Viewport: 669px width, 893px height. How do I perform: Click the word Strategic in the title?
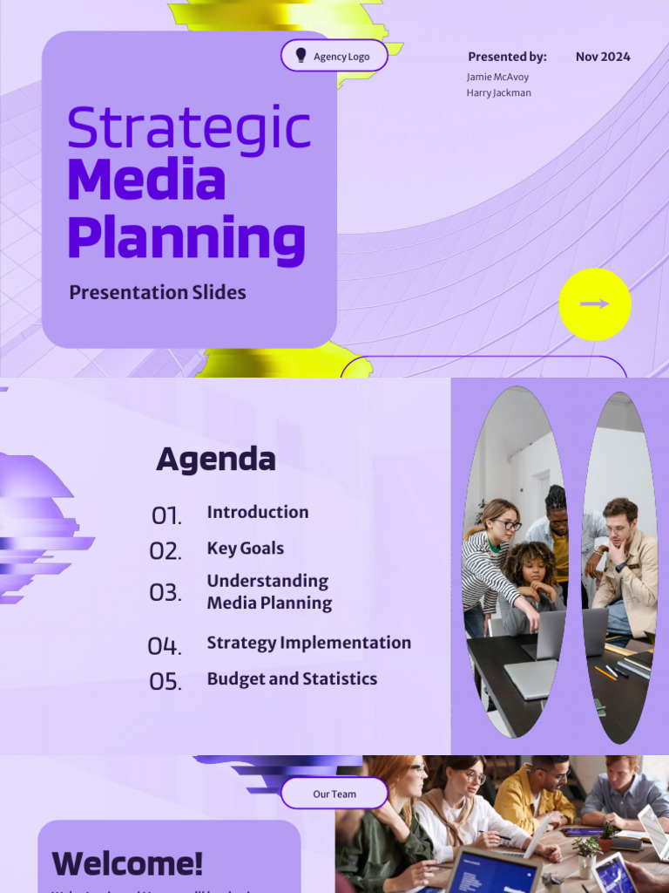pos(188,127)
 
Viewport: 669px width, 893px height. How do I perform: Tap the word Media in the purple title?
pos(146,181)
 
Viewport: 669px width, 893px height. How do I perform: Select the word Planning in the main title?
pos(186,238)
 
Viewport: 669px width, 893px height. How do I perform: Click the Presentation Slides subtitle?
pos(158,293)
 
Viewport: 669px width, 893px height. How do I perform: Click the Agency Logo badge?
pos(334,56)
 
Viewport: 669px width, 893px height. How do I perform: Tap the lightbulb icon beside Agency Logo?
pos(301,56)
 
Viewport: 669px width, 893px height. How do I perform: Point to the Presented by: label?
pos(507,57)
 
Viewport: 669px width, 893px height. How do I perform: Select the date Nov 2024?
pos(603,57)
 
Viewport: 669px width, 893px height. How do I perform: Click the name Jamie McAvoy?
pos(497,77)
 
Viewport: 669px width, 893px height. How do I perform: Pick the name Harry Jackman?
pos(498,92)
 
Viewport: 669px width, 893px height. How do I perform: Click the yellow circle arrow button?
pos(595,304)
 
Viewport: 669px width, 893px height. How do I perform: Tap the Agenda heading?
pos(215,460)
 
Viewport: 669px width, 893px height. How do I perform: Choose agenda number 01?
pos(166,515)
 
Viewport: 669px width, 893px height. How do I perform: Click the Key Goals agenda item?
pos(245,549)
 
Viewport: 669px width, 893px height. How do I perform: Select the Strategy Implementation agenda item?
pos(308,643)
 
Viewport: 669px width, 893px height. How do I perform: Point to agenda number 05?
pos(166,681)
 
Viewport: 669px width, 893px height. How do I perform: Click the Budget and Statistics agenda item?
pos(292,678)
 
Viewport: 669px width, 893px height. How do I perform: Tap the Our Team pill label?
pos(334,794)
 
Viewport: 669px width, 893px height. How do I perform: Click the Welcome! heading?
pos(127,863)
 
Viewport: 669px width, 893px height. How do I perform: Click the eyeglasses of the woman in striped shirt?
pos(506,524)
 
